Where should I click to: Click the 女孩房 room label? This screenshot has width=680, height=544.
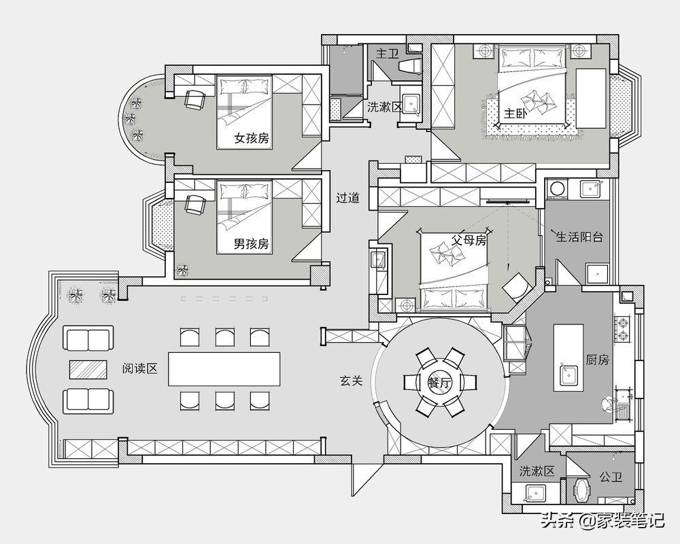tap(252, 139)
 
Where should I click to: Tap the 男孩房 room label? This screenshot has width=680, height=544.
tap(252, 244)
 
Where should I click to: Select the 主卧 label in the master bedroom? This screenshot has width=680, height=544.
tap(515, 114)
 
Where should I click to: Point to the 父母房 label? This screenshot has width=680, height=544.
tap(469, 240)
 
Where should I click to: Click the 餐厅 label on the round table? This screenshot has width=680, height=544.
tap(440, 384)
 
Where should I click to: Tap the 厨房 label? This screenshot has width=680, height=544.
tap(598, 360)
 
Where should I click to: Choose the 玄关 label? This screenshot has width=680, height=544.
tap(351, 381)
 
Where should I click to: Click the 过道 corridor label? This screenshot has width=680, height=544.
tap(348, 198)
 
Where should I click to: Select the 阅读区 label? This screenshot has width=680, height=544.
tap(139, 369)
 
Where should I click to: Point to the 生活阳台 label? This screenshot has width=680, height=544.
tap(580, 237)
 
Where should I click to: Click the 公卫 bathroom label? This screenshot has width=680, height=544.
tap(611, 477)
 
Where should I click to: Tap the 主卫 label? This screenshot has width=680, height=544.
tap(388, 54)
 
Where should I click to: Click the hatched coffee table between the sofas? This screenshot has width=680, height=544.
tap(88, 370)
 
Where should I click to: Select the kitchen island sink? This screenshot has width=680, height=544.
tap(568, 375)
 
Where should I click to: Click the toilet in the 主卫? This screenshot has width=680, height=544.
tap(409, 66)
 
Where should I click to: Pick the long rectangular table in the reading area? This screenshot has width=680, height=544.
tap(224, 369)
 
